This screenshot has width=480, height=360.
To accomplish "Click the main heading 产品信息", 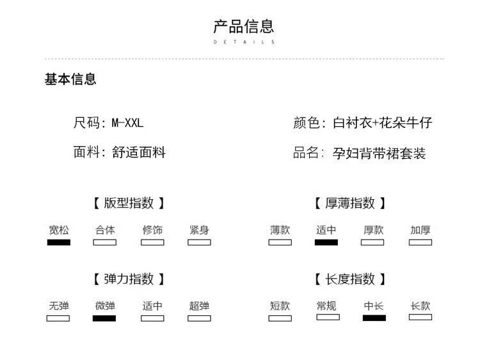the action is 243,26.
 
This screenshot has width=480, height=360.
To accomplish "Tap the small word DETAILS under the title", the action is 243,42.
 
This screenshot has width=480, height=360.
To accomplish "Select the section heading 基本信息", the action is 70,79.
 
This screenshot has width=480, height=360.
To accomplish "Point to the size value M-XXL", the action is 127,122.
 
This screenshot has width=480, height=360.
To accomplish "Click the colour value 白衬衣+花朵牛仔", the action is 382,122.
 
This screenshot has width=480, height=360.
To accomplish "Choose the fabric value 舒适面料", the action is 139,152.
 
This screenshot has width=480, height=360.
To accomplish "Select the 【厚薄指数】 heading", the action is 350,203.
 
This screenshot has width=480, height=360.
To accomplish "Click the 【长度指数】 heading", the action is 350,279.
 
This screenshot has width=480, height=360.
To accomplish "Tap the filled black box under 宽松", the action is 58,242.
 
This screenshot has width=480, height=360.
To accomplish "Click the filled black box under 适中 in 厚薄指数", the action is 326,242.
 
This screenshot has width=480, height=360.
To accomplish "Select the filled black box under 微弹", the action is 104,318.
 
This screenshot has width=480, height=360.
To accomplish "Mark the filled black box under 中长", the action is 374,317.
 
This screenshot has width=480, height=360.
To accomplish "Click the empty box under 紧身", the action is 199,242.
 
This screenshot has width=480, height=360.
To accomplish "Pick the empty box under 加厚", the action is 420,242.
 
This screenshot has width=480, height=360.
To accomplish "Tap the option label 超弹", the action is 199,306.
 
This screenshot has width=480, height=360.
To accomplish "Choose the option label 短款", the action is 280,306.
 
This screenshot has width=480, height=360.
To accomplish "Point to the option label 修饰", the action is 152,230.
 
